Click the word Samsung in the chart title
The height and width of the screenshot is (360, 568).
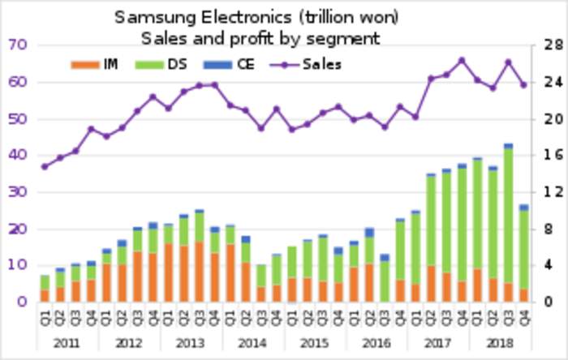pos(153,17)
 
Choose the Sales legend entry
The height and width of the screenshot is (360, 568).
pos(321,64)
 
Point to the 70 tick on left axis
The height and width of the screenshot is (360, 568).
pos(18,45)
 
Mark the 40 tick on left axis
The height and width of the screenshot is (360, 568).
pos(18,155)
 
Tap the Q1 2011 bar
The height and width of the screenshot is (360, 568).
pos(45,289)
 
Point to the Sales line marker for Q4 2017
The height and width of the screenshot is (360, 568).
pos(462,60)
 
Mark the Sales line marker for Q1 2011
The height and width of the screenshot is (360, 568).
pos(45,166)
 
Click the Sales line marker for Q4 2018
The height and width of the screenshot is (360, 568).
pos(523,84)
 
